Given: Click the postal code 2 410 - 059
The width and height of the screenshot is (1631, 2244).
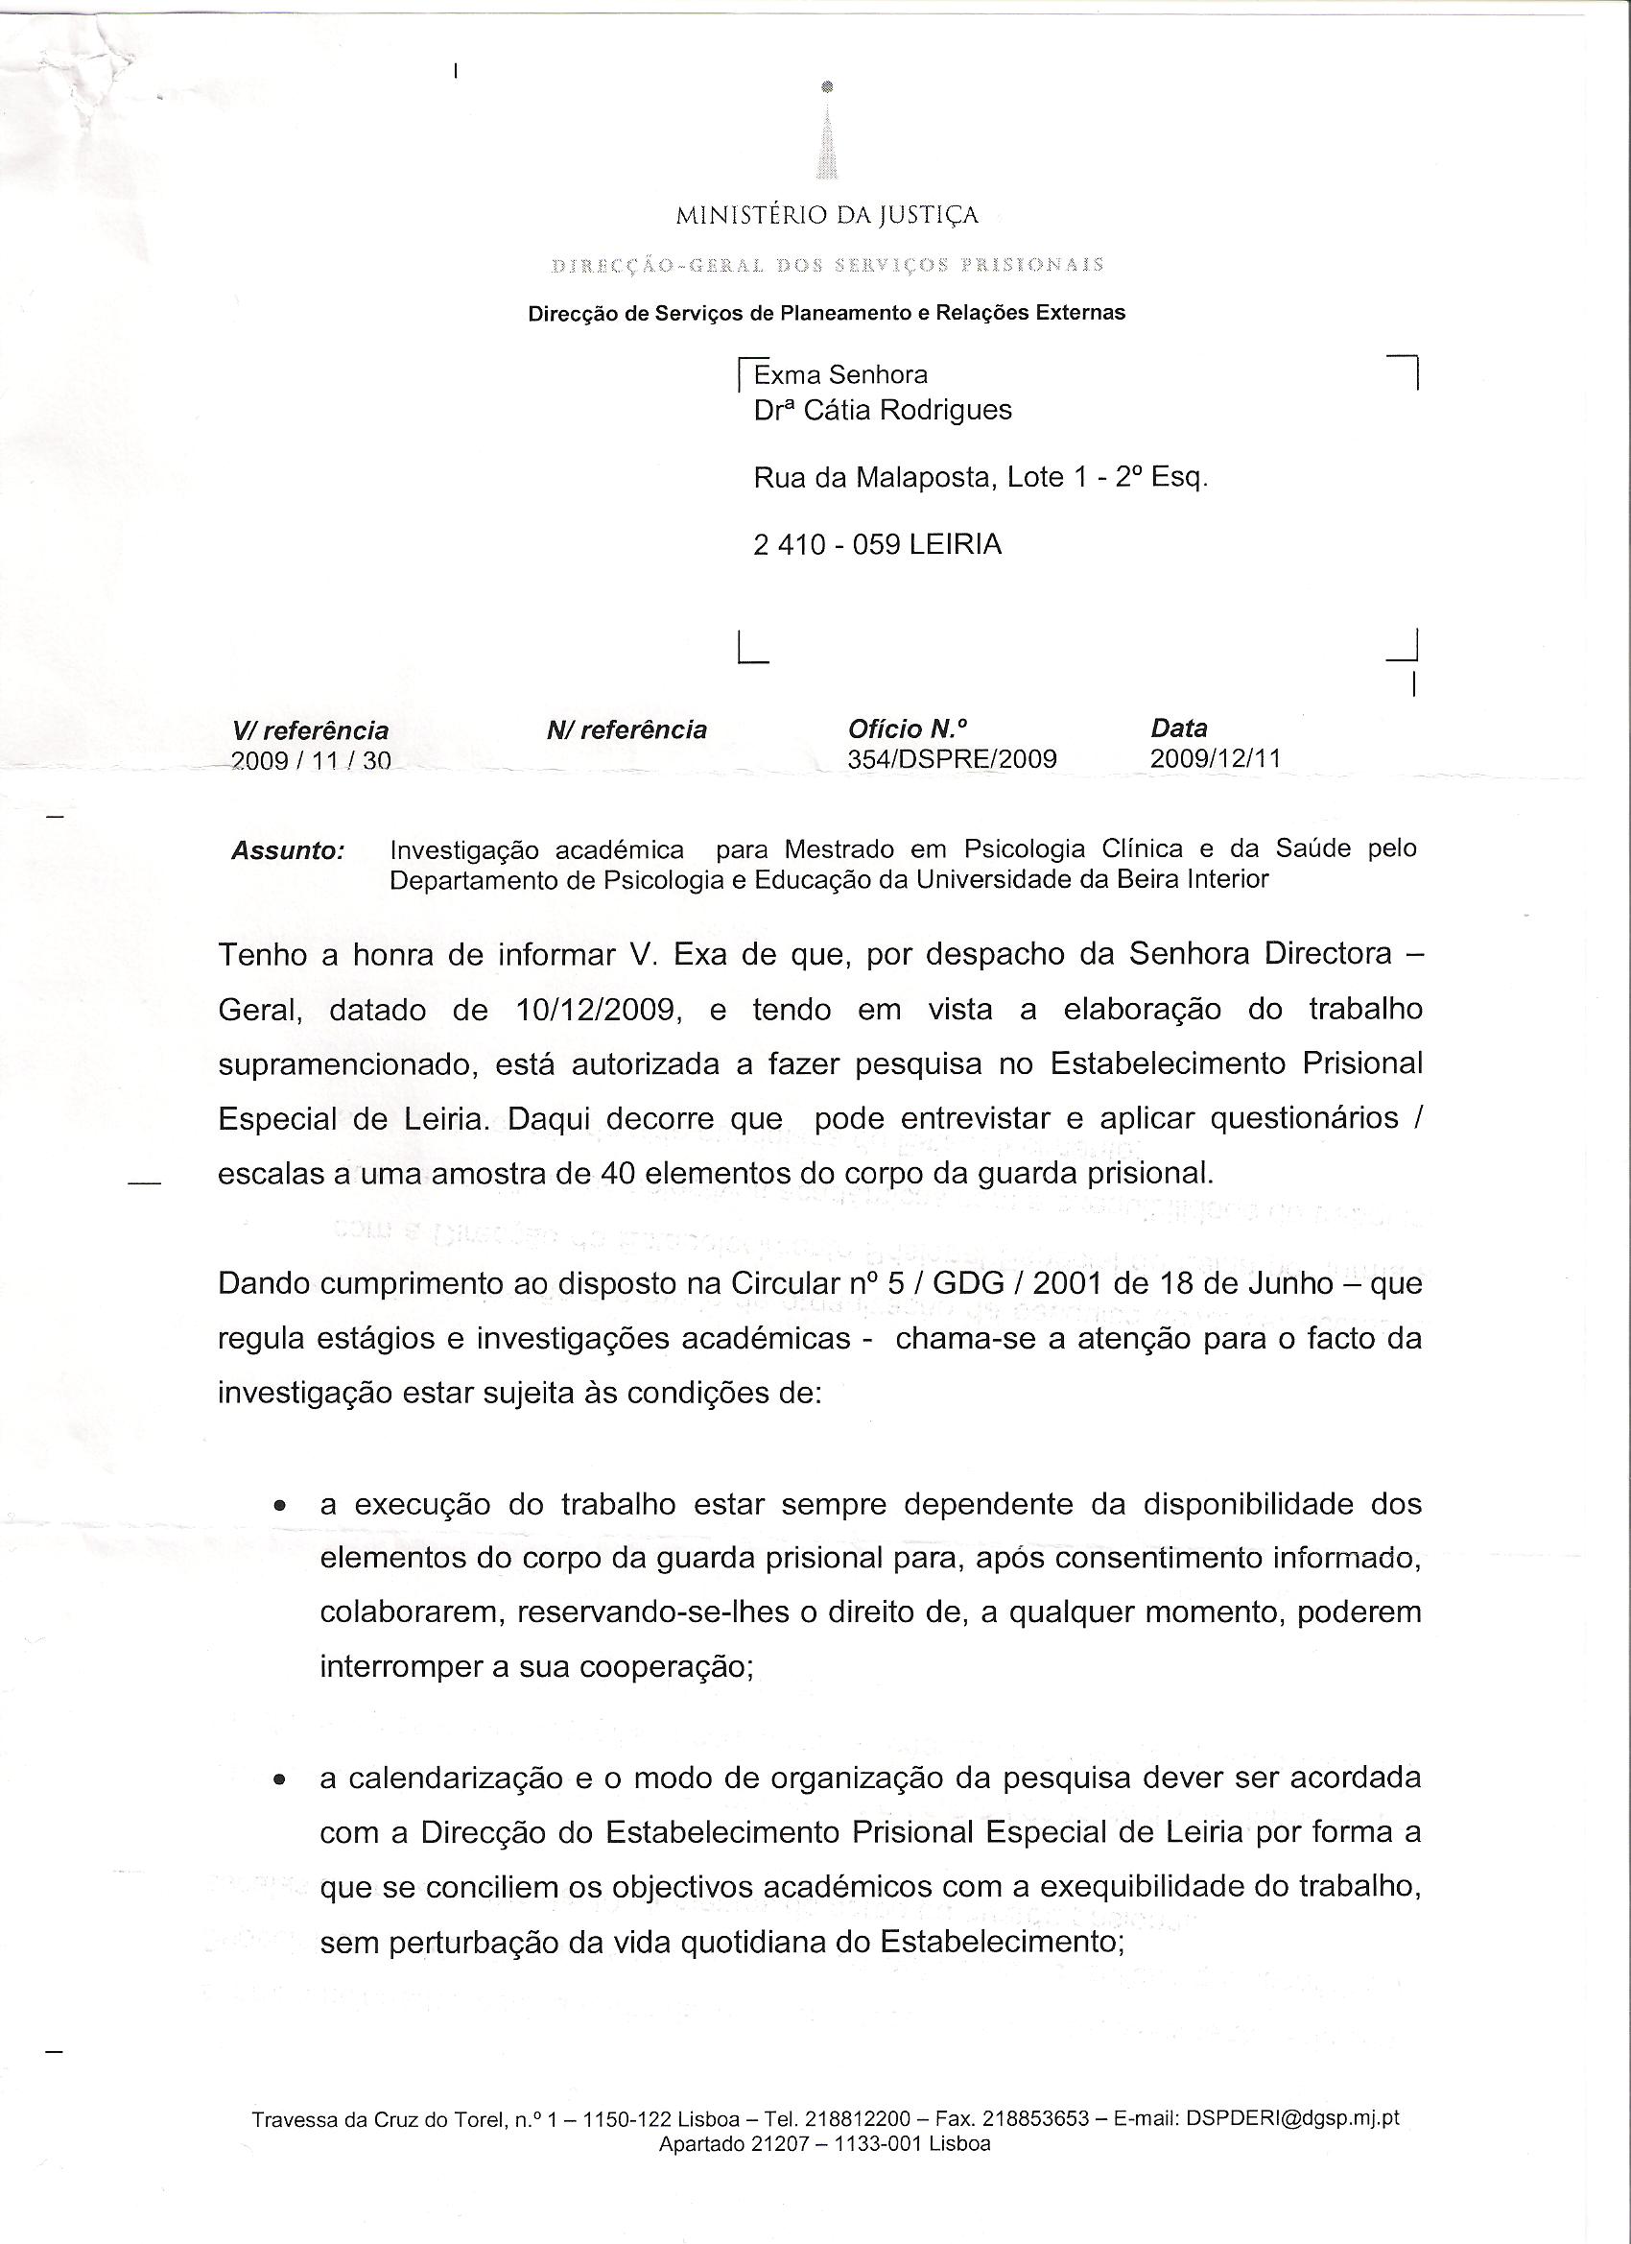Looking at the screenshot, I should [826, 545].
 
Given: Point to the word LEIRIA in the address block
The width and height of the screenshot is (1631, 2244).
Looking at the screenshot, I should [955, 545].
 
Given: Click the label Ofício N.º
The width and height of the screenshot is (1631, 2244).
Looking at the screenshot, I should [907, 729].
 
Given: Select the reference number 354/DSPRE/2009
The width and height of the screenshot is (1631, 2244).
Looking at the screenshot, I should [952, 759].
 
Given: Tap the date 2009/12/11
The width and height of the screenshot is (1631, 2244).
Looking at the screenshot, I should [1216, 759].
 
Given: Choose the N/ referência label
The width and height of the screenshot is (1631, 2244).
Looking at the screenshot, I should [626, 730].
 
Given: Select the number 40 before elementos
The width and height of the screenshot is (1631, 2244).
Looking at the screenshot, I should [619, 1174].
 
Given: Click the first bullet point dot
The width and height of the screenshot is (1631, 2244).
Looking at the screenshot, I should [281, 1508].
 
